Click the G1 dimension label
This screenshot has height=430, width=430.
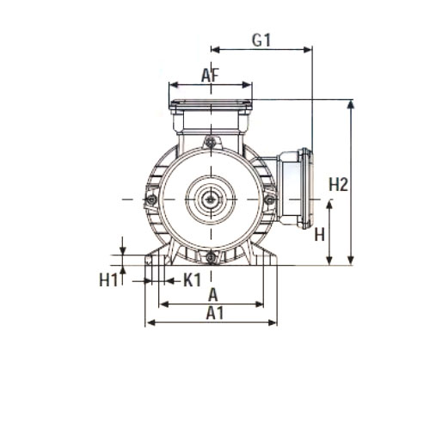coord(261,40)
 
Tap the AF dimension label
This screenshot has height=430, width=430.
coord(210,76)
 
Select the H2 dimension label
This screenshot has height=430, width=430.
coord(338,184)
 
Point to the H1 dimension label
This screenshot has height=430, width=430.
coord(108,280)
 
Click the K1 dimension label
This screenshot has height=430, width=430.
coord(193,280)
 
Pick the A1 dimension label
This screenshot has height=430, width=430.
coord(215,313)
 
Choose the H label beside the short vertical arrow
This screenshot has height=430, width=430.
coord(320,235)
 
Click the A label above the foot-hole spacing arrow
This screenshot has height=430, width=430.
coord(213,295)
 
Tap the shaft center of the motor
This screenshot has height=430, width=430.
coord(212,200)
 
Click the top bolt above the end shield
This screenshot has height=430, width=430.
coord(211,142)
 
